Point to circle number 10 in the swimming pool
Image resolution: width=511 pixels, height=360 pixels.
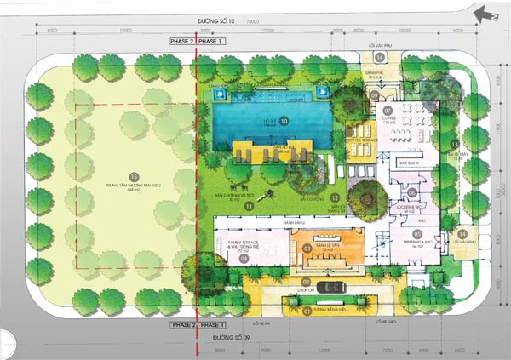point(284,122)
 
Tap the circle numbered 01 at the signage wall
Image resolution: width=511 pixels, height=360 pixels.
point(307,311)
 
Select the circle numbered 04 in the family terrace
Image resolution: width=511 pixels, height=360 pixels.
point(244,259)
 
